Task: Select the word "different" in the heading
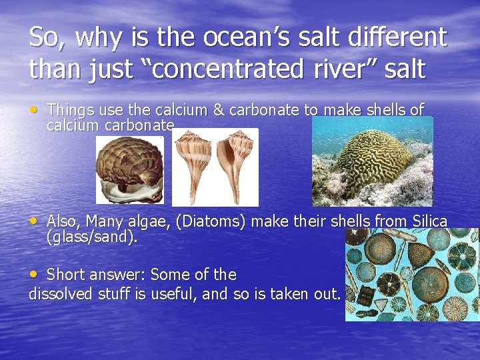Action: click(391, 37)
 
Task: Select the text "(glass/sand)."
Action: click(92, 237)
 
